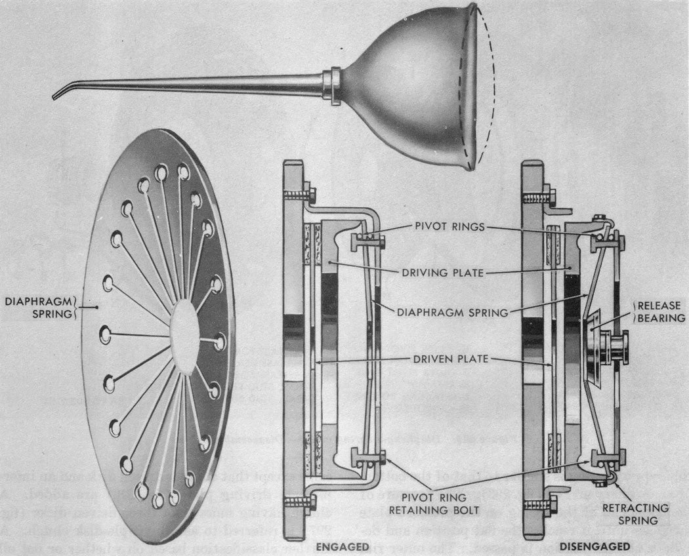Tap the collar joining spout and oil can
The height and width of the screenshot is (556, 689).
pos(331,85)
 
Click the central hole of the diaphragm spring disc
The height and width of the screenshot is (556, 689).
pos(184,331)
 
